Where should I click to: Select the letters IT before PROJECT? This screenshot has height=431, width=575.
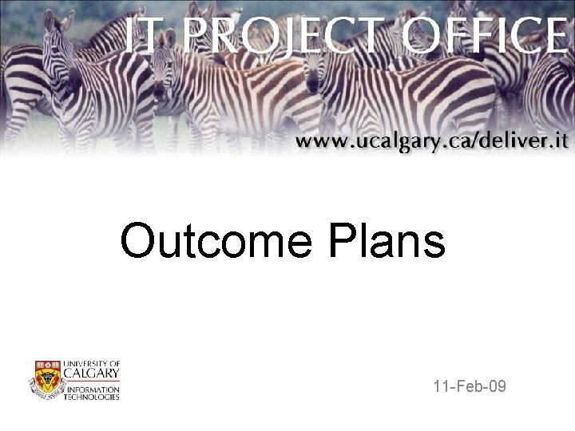(144, 36)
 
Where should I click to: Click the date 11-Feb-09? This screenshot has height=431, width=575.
(470, 388)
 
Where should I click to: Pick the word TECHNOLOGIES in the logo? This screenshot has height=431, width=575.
(93, 396)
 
